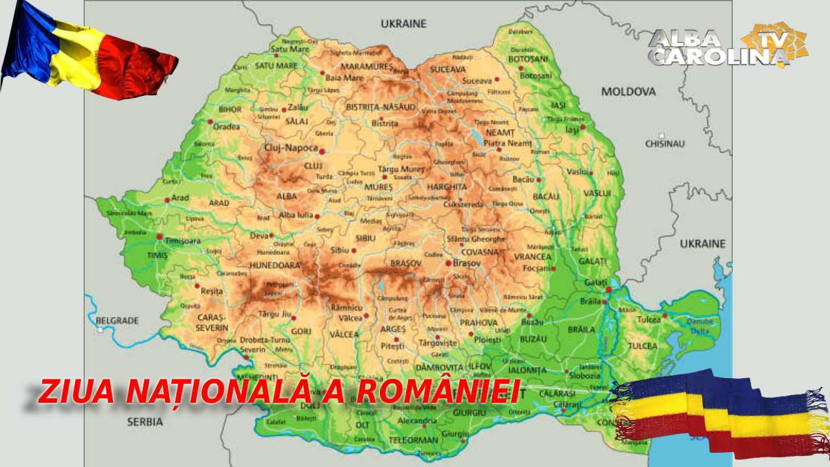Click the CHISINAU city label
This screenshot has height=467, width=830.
(665, 143)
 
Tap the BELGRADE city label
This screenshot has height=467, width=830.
(117, 320)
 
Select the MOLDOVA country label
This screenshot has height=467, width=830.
(628, 91)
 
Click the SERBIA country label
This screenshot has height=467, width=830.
(145, 422)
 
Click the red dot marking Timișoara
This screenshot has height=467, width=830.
(160, 237)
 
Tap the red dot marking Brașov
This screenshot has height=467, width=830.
(448, 263)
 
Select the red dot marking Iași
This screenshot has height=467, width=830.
(582, 127)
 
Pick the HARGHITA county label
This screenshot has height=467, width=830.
(446, 187)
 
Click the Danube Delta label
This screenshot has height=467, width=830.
(700, 326)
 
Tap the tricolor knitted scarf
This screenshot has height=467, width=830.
(720, 415)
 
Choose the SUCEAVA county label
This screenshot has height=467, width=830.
(447, 69)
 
